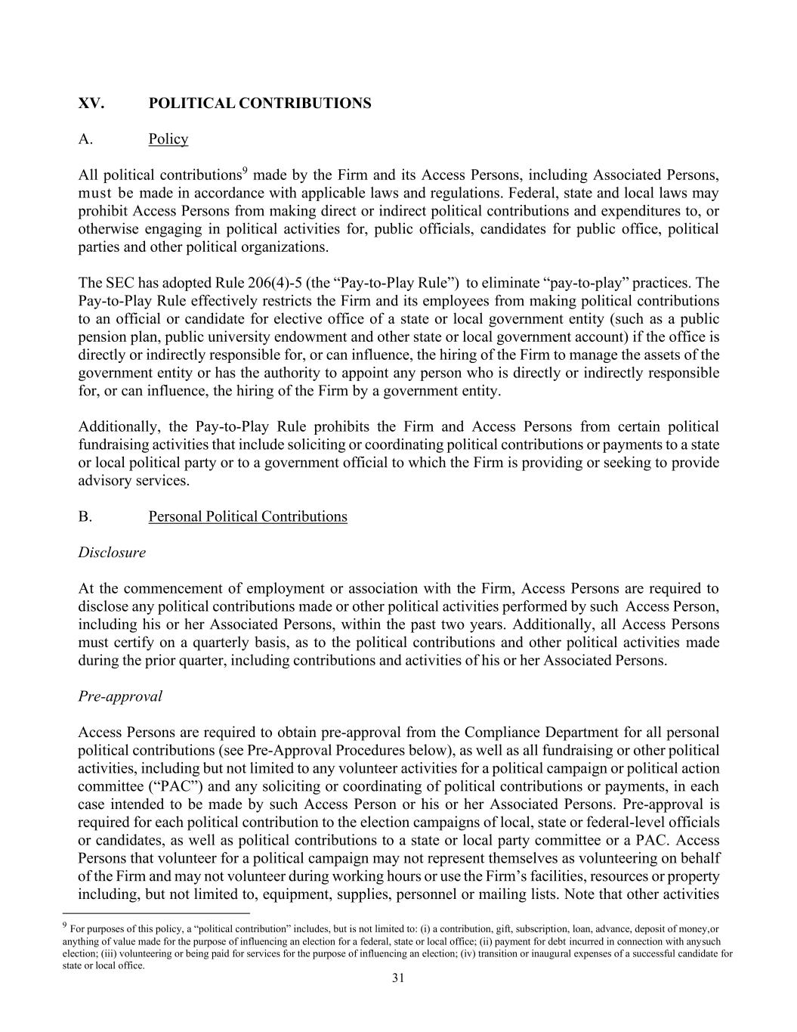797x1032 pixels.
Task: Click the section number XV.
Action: coord(91,103)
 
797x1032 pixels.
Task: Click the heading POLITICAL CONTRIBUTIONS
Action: coord(260,103)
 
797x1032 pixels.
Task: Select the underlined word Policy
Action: coord(168,139)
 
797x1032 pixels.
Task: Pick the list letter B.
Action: coord(85,516)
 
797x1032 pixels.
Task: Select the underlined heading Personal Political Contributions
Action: coord(248,516)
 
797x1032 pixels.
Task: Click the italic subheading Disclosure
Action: coord(112,553)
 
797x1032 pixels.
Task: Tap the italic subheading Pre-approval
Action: coord(120,696)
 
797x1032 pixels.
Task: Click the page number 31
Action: coord(398,978)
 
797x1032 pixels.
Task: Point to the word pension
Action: coord(101,337)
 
